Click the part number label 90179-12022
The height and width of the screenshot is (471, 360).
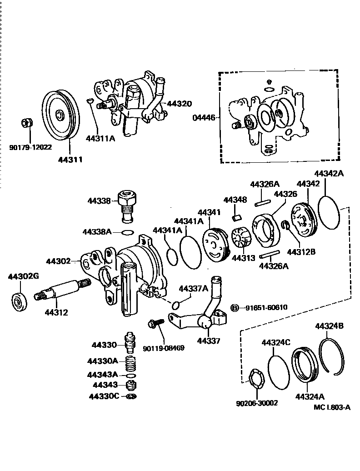coord(30,147)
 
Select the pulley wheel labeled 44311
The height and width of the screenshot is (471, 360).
coord(61,115)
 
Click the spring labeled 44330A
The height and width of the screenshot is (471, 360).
coord(131,363)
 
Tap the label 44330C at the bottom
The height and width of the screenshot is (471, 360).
coord(105,396)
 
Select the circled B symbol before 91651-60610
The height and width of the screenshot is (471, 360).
coord(235,307)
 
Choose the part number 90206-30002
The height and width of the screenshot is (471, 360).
coord(257,403)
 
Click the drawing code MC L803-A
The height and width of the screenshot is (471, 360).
coord(332,407)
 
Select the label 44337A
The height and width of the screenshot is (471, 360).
coord(193,288)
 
